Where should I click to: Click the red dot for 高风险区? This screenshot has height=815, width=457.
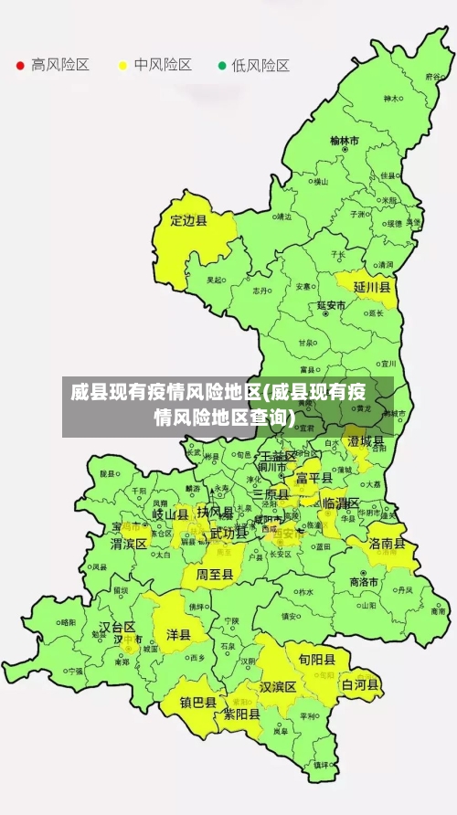tap(20, 66)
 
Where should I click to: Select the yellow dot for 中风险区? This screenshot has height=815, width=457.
tap(122, 66)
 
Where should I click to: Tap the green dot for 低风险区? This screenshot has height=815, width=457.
tap(221, 66)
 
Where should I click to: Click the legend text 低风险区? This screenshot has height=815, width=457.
tap(260, 66)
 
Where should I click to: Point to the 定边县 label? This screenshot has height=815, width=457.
tap(189, 220)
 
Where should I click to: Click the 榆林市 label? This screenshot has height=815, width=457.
tap(345, 141)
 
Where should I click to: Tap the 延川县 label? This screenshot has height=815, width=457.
tap(372, 287)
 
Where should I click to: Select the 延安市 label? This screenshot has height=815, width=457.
tap(331, 305)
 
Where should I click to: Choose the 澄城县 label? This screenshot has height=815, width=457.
tap(366, 441)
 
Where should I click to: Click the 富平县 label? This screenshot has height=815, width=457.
tap(314, 477)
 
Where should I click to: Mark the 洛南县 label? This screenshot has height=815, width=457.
tap(388, 543)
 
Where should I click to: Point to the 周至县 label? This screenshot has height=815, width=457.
tap(215, 574)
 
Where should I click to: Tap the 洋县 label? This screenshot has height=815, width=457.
tap(178, 634)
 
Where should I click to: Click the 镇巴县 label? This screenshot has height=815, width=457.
tap(197, 703)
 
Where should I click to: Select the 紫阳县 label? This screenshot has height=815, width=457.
tap(242, 714)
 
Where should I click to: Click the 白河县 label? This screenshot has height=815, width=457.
tap(360, 683)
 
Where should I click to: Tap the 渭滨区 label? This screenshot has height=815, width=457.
tap(129, 544)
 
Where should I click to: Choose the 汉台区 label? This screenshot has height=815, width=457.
tap(117, 627)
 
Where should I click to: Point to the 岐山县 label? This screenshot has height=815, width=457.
tap(170, 514)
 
